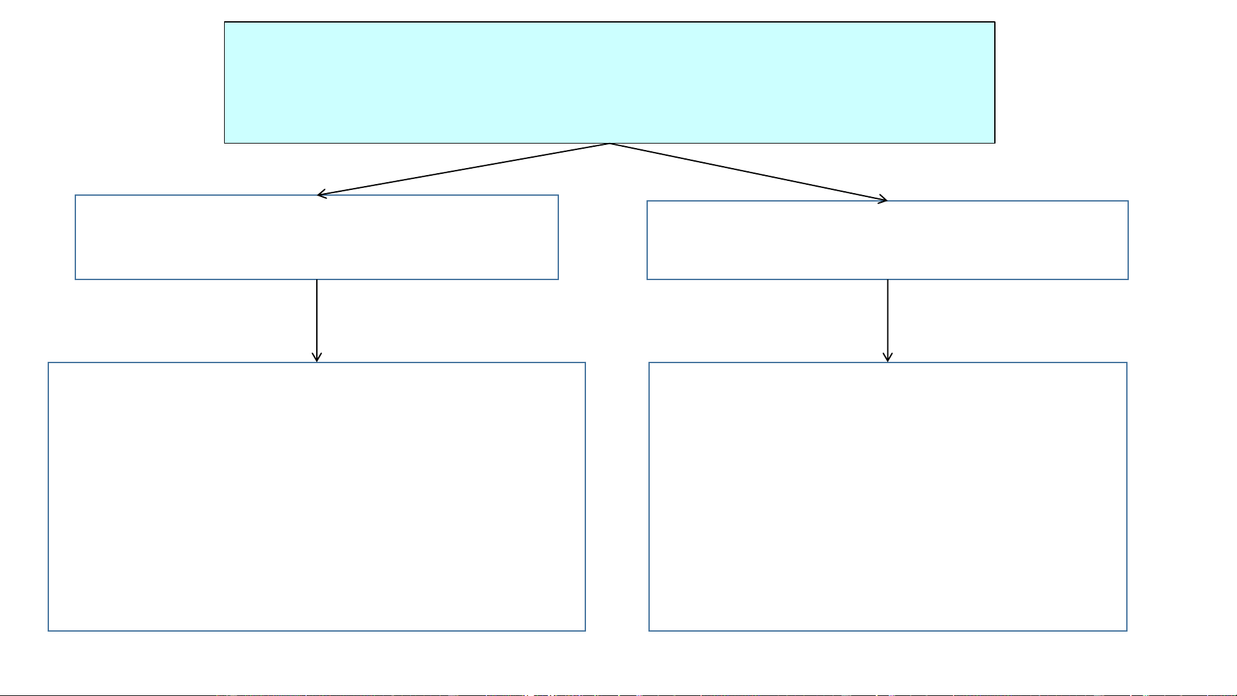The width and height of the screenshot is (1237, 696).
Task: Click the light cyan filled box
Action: [609, 82]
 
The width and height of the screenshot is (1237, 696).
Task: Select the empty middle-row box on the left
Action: [316, 237]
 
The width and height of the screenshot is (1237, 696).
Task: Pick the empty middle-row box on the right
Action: [887, 240]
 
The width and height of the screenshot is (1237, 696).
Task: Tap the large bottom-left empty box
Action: [316, 496]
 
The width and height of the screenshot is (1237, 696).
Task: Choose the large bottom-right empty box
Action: [887, 496]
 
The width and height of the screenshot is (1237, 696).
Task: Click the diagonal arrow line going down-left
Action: [464, 169]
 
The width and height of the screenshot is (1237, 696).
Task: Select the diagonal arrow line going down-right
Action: [748, 172]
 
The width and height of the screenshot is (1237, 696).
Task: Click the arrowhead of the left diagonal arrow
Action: [320, 194]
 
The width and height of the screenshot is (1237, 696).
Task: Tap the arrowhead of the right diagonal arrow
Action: [885, 200]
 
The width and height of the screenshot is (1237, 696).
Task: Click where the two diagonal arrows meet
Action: [610, 144]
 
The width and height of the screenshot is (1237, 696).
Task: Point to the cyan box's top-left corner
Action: [225, 23]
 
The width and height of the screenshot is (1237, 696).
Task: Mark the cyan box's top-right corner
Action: [995, 23]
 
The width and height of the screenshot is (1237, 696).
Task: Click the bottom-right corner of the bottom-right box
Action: [1127, 630]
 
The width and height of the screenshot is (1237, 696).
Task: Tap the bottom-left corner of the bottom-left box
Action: [49, 630]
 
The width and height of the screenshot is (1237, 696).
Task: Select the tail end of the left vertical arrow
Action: [317, 281]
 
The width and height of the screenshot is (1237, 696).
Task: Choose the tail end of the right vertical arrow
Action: [888, 281]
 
